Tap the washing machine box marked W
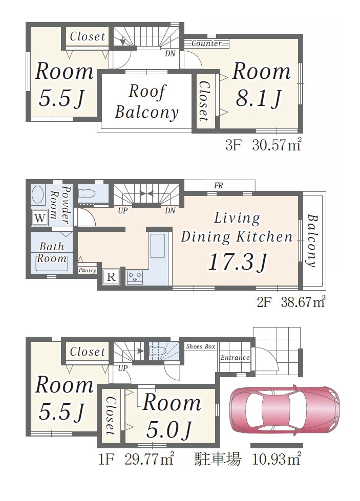(x=39, y=218)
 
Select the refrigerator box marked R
(x=111, y=276)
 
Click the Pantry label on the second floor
(x=87, y=270)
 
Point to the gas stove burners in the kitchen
(x=135, y=277)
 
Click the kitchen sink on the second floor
(x=158, y=246)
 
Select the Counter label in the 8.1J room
(x=206, y=43)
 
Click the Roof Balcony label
(x=147, y=102)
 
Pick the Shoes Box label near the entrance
(x=201, y=346)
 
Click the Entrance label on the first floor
(x=235, y=358)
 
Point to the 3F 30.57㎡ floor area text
(x=263, y=146)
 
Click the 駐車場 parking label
(x=218, y=460)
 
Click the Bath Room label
(x=52, y=252)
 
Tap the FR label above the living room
(x=219, y=186)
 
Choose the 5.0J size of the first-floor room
(x=169, y=430)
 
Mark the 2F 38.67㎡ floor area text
(x=291, y=302)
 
